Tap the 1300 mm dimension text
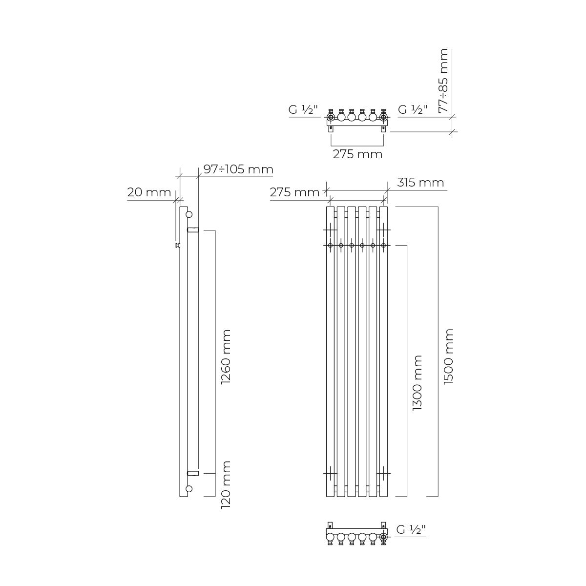click(x=417, y=383)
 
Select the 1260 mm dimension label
click(x=226, y=356)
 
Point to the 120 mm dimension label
click(x=226, y=485)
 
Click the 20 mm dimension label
click(x=149, y=192)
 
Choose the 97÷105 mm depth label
click(x=238, y=169)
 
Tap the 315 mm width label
click(x=420, y=183)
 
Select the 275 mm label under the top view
click(x=357, y=154)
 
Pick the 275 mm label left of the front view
click(x=294, y=192)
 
